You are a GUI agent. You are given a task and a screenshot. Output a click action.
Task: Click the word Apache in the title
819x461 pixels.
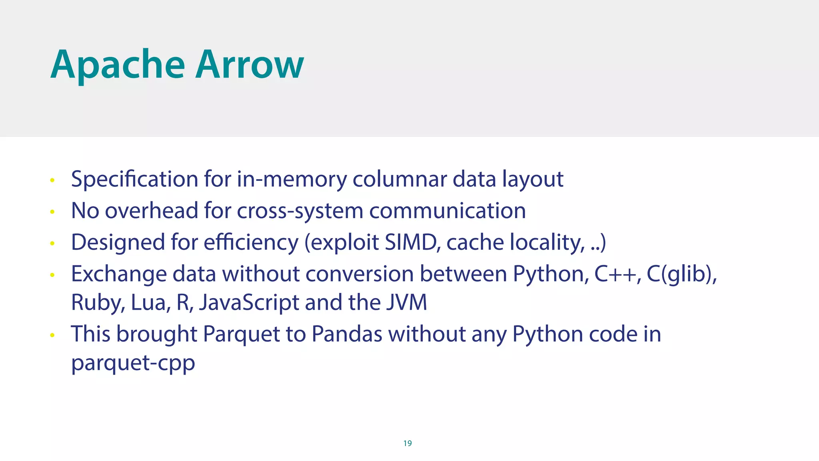coord(118,65)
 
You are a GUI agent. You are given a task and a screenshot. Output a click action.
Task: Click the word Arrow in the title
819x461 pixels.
coord(250,65)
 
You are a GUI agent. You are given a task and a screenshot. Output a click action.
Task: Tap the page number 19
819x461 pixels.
coord(408,443)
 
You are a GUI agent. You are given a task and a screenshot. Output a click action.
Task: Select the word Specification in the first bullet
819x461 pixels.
coord(134,179)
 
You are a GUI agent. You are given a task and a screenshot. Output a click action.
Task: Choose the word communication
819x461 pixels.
coord(447,210)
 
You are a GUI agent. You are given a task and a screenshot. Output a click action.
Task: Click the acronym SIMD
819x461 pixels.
coord(411,242)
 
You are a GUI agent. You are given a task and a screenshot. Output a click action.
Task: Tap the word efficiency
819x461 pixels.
coord(251,243)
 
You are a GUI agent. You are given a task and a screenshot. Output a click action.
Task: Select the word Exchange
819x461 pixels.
coord(119,275)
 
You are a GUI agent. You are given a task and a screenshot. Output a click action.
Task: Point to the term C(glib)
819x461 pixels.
coord(681,274)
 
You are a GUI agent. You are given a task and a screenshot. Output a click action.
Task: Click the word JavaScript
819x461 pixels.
coord(249,303)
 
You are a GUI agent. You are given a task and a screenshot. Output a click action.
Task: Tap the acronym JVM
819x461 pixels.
coord(406,302)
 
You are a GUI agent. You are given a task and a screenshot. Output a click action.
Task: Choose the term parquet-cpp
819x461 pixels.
coord(133,363)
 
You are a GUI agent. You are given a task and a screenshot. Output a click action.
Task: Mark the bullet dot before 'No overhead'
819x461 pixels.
coord(52,212)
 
